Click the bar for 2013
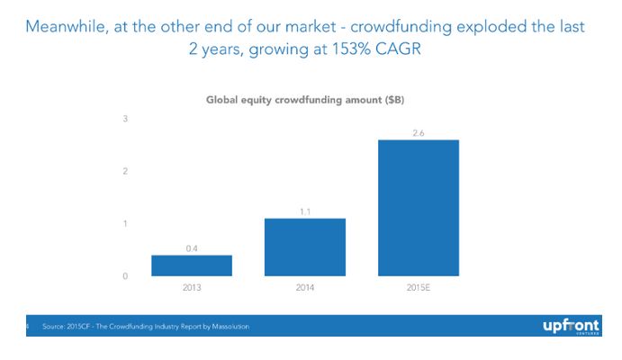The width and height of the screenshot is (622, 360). (x=192, y=265)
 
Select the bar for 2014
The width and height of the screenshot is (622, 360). (x=305, y=247)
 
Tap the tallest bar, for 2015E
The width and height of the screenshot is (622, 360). (x=419, y=208)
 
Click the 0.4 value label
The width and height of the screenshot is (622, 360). (x=192, y=247)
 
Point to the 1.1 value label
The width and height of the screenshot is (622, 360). (x=305, y=211)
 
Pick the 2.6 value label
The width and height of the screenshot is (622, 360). (x=419, y=131)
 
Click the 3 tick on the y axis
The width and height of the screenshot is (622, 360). (x=125, y=119)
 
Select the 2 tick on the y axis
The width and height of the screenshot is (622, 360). (x=125, y=171)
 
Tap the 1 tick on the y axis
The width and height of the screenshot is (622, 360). (x=125, y=223)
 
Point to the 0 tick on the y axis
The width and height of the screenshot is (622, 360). (x=125, y=275)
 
